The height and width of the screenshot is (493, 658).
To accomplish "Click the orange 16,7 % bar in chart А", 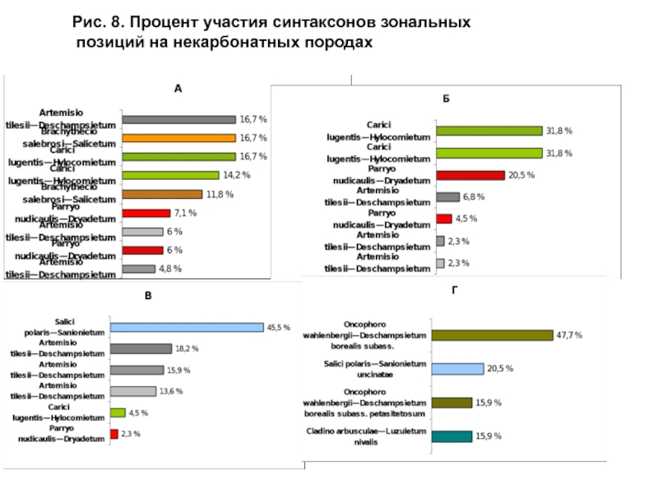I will click(x=178, y=138).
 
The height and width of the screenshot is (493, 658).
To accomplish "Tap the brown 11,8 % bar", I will click(x=161, y=194).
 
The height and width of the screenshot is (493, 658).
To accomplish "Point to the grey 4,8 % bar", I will click(x=138, y=269).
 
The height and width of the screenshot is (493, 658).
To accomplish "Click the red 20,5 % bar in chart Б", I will click(x=470, y=175).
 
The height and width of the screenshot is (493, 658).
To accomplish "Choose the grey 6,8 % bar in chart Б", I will click(x=447, y=197).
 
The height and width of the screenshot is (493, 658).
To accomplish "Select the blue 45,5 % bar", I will click(x=186, y=327).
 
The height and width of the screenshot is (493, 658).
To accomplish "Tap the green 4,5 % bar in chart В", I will click(x=117, y=412).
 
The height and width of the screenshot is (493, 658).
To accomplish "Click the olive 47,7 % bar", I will click(x=492, y=335).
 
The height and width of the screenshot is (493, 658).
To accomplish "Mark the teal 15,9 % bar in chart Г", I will click(x=452, y=436).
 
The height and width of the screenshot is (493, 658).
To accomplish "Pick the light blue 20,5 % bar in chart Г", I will click(x=457, y=369).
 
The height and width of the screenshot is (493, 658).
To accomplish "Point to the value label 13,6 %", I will click(x=172, y=391).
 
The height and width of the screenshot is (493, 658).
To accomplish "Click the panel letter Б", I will click(x=445, y=99).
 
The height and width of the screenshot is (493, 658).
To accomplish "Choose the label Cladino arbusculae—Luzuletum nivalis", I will click(x=366, y=436).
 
